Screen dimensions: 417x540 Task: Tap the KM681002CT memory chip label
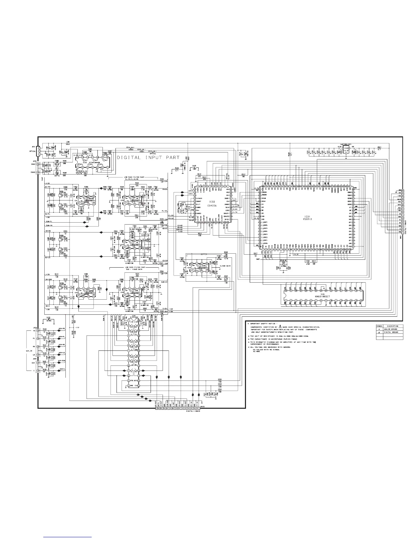[322, 296]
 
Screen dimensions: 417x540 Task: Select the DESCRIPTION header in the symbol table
[392, 326]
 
